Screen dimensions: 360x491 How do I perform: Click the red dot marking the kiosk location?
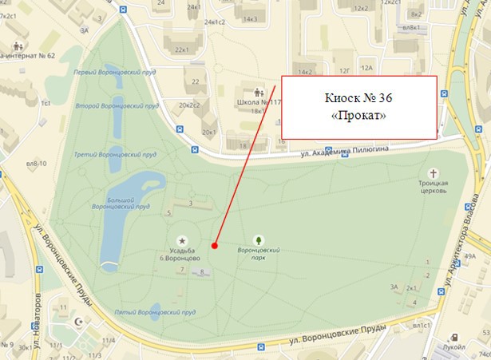[215, 245]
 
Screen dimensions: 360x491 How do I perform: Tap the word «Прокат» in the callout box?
[358, 115]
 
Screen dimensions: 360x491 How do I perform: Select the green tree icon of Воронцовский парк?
[258, 239]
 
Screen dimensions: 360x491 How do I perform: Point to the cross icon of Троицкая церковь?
[434, 173]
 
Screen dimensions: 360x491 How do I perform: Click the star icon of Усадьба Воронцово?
[183, 240]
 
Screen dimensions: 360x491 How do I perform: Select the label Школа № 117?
[259, 102]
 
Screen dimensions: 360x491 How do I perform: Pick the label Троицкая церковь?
[434, 187]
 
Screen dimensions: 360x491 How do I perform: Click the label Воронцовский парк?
[258, 254]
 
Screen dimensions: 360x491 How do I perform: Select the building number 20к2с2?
[191, 105]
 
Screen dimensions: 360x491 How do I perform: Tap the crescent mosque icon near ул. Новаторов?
[78, 322]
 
